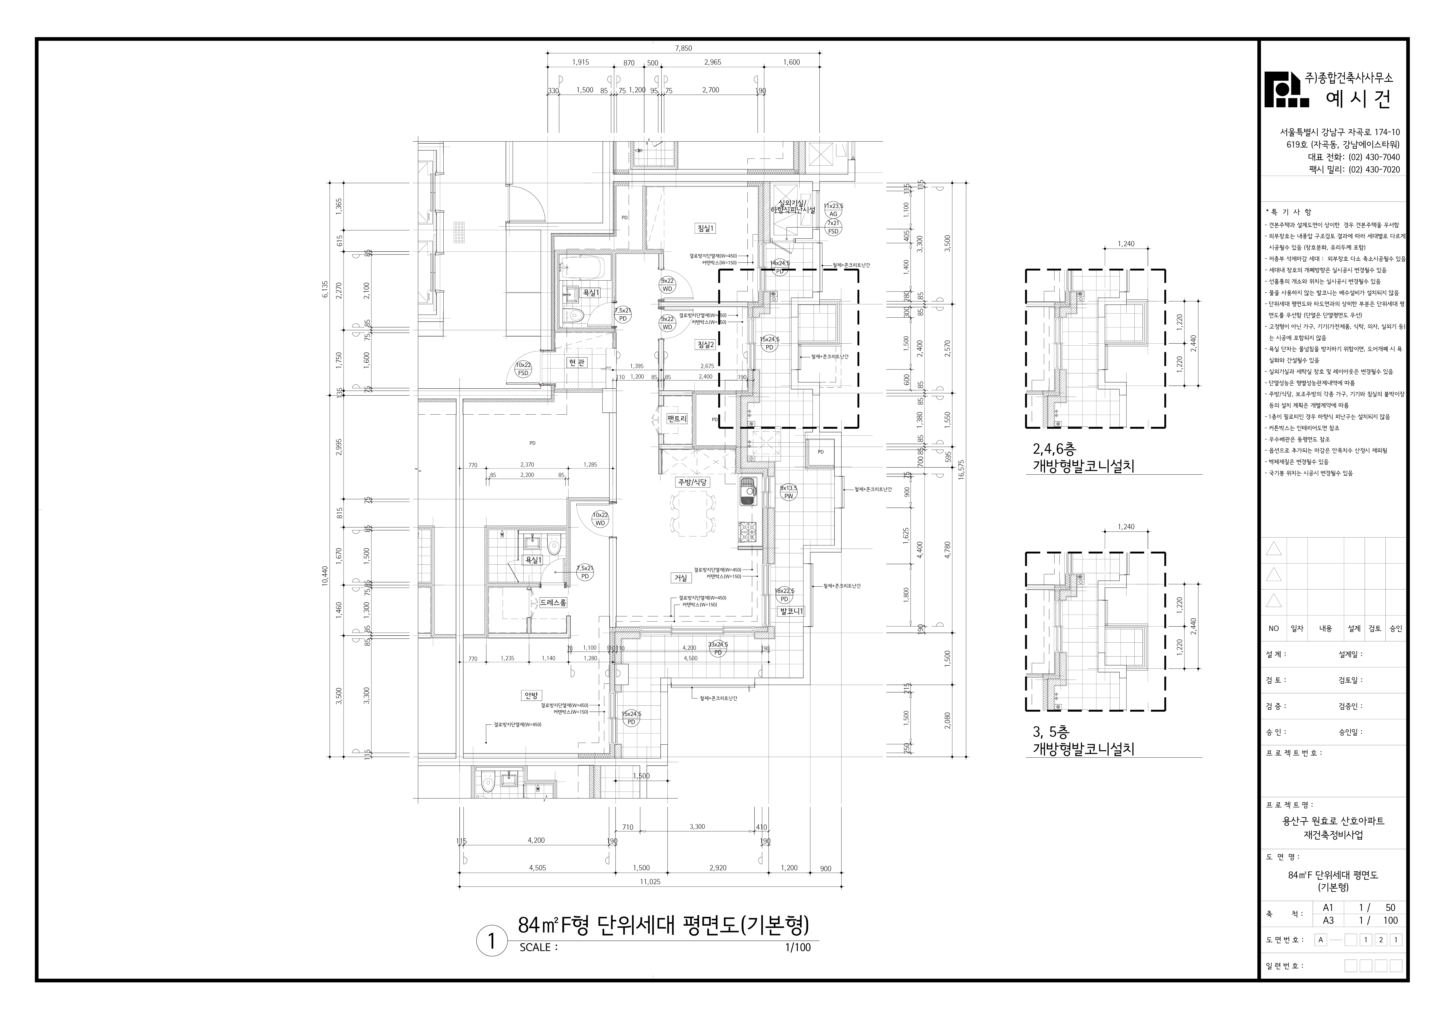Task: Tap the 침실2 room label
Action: click(x=705, y=345)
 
